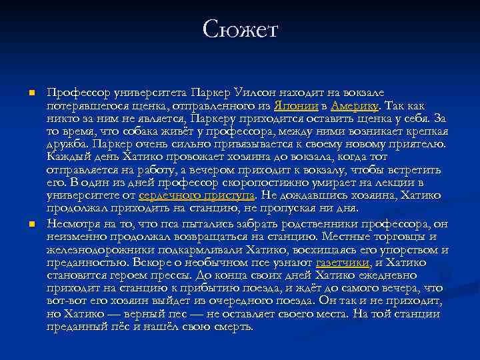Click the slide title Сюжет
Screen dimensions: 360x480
[240, 30]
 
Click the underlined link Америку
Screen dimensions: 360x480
[353, 106]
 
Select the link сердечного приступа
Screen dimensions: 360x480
[197, 195]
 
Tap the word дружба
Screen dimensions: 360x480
[68, 144]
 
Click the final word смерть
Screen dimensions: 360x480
[235, 327]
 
